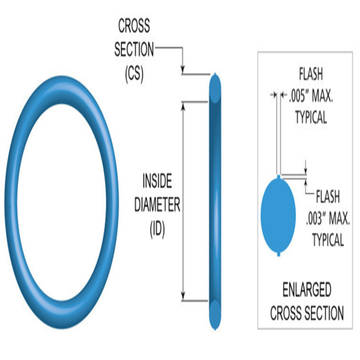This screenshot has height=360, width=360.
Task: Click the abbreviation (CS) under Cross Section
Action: click(x=134, y=73)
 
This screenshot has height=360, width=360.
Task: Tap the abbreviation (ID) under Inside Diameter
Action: click(x=157, y=229)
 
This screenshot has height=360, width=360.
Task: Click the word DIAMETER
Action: click(x=157, y=204)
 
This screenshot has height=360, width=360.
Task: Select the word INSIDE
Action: click(x=157, y=181)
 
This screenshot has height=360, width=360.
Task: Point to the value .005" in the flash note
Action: click(x=298, y=96)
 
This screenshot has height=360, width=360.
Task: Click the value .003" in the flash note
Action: click(x=315, y=219)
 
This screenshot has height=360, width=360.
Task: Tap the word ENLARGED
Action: click(x=307, y=289)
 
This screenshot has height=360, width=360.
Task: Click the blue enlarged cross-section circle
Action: click(x=279, y=215)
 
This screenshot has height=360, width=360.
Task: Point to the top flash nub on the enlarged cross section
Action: click(x=279, y=176)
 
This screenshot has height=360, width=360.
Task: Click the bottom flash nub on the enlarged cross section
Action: click(x=279, y=254)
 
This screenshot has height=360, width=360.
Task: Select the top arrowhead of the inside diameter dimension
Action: click(x=184, y=106)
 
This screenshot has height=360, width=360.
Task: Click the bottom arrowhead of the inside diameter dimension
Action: click(x=184, y=297)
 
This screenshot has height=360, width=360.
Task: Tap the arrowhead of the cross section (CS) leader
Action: click(x=183, y=69)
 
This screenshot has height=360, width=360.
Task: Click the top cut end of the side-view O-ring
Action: click(x=215, y=89)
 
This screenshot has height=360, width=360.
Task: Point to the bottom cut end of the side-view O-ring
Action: click(x=215, y=315)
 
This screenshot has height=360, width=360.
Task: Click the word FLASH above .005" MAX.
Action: click(x=311, y=74)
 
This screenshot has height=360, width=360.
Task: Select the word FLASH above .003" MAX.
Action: click(x=328, y=197)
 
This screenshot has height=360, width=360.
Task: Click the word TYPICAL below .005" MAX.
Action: click(x=311, y=117)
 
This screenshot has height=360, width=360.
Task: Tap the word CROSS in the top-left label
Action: click(x=134, y=26)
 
